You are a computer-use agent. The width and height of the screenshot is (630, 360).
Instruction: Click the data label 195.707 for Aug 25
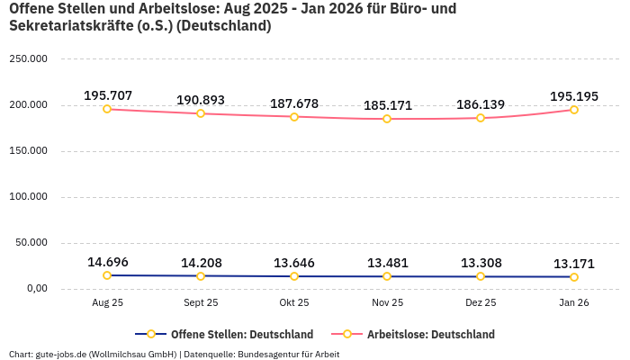coord(107,95)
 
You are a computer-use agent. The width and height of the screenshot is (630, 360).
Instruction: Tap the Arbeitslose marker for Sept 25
coord(201,113)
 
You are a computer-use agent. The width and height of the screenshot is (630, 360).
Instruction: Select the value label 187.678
coord(294,103)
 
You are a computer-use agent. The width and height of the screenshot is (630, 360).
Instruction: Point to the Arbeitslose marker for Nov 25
coord(387,119)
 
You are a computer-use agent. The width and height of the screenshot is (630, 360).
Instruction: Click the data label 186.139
coord(481,104)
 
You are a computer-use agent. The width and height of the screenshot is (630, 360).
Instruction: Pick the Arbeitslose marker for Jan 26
coord(574,110)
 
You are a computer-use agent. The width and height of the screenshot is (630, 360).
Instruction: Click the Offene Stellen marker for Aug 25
coord(107,275)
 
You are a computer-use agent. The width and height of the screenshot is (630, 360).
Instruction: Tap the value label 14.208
coord(201,263)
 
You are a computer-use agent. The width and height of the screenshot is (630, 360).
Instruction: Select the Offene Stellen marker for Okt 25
coord(294,276)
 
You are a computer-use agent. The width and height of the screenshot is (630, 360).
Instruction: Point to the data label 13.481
coord(387,263)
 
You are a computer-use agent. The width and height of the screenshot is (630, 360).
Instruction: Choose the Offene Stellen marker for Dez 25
coord(481,276)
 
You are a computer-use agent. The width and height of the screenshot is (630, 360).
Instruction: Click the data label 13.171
coord(574,264)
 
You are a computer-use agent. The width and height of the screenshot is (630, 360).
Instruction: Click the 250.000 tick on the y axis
coord(28,58)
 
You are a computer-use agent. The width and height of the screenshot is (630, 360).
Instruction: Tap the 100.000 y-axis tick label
coord(28,196)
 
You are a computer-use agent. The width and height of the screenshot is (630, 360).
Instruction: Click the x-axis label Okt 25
coord(294,303)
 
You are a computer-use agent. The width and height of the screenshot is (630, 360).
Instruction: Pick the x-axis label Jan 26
coord(574,303)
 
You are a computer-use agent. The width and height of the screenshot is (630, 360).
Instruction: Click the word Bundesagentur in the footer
coord(266,354)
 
